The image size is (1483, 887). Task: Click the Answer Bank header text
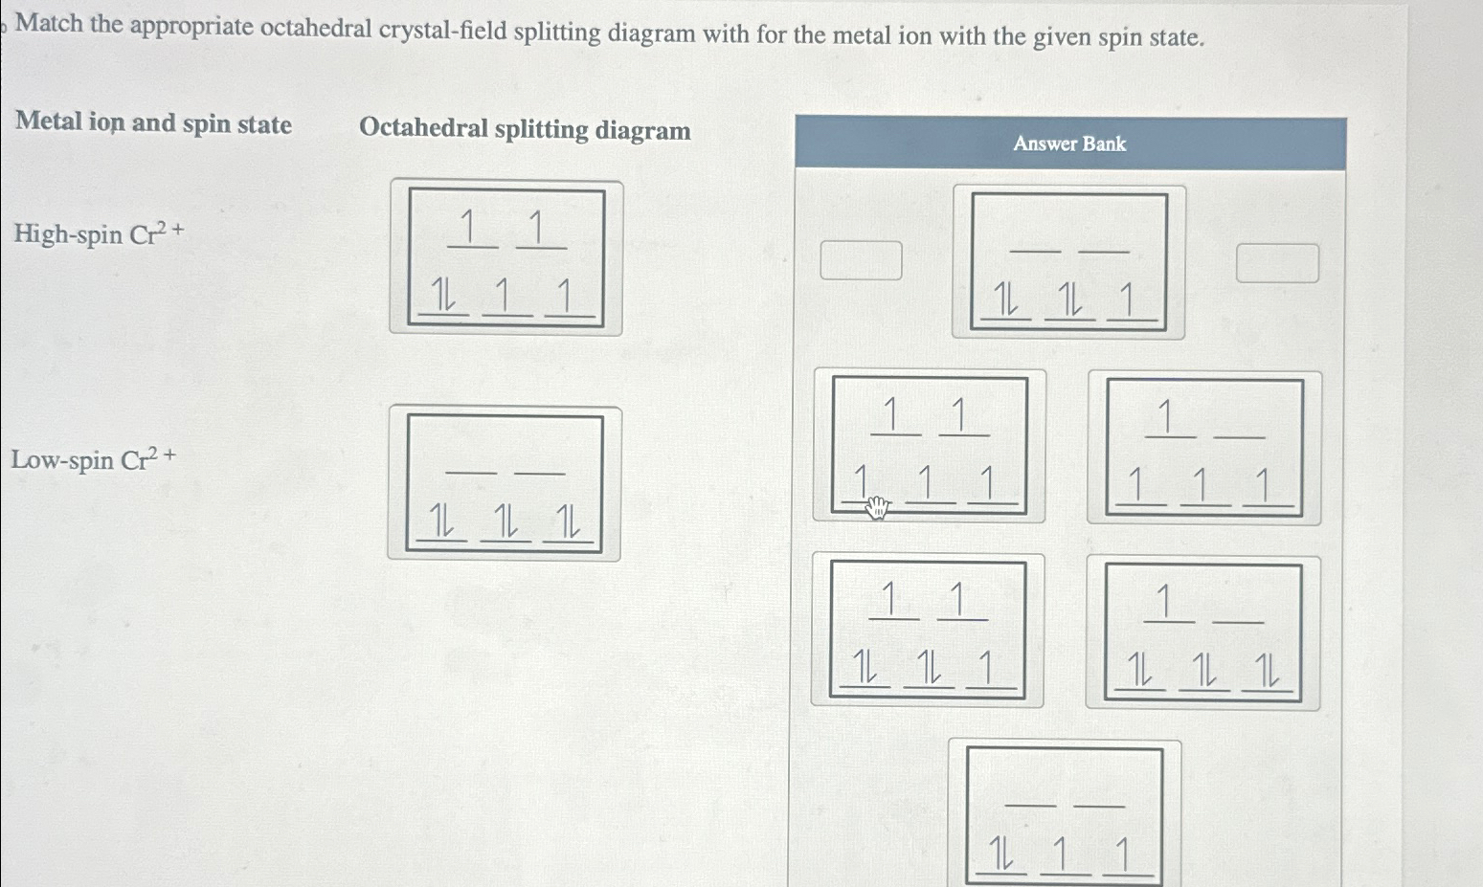1069,144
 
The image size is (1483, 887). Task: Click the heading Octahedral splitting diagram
525,129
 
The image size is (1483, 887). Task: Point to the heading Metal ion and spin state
154,123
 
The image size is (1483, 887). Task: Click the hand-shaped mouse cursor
877,508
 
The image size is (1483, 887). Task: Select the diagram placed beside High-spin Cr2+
506,258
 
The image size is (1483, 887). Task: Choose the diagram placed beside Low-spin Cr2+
505,483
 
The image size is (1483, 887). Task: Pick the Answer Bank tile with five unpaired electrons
929,446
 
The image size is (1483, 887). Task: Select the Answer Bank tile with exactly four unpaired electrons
1204,448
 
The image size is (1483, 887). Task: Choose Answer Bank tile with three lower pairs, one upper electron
1202,632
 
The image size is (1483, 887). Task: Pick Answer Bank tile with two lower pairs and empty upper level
1068,262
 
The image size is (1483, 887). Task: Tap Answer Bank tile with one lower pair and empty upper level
1065,813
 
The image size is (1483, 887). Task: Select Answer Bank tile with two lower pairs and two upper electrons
927,631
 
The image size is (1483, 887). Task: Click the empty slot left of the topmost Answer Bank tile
861,260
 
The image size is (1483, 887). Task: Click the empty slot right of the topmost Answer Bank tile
1277,263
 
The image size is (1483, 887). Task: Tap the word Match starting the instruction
49,23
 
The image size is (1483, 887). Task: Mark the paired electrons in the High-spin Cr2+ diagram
443,295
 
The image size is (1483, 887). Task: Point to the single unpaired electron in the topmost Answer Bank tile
1129,301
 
